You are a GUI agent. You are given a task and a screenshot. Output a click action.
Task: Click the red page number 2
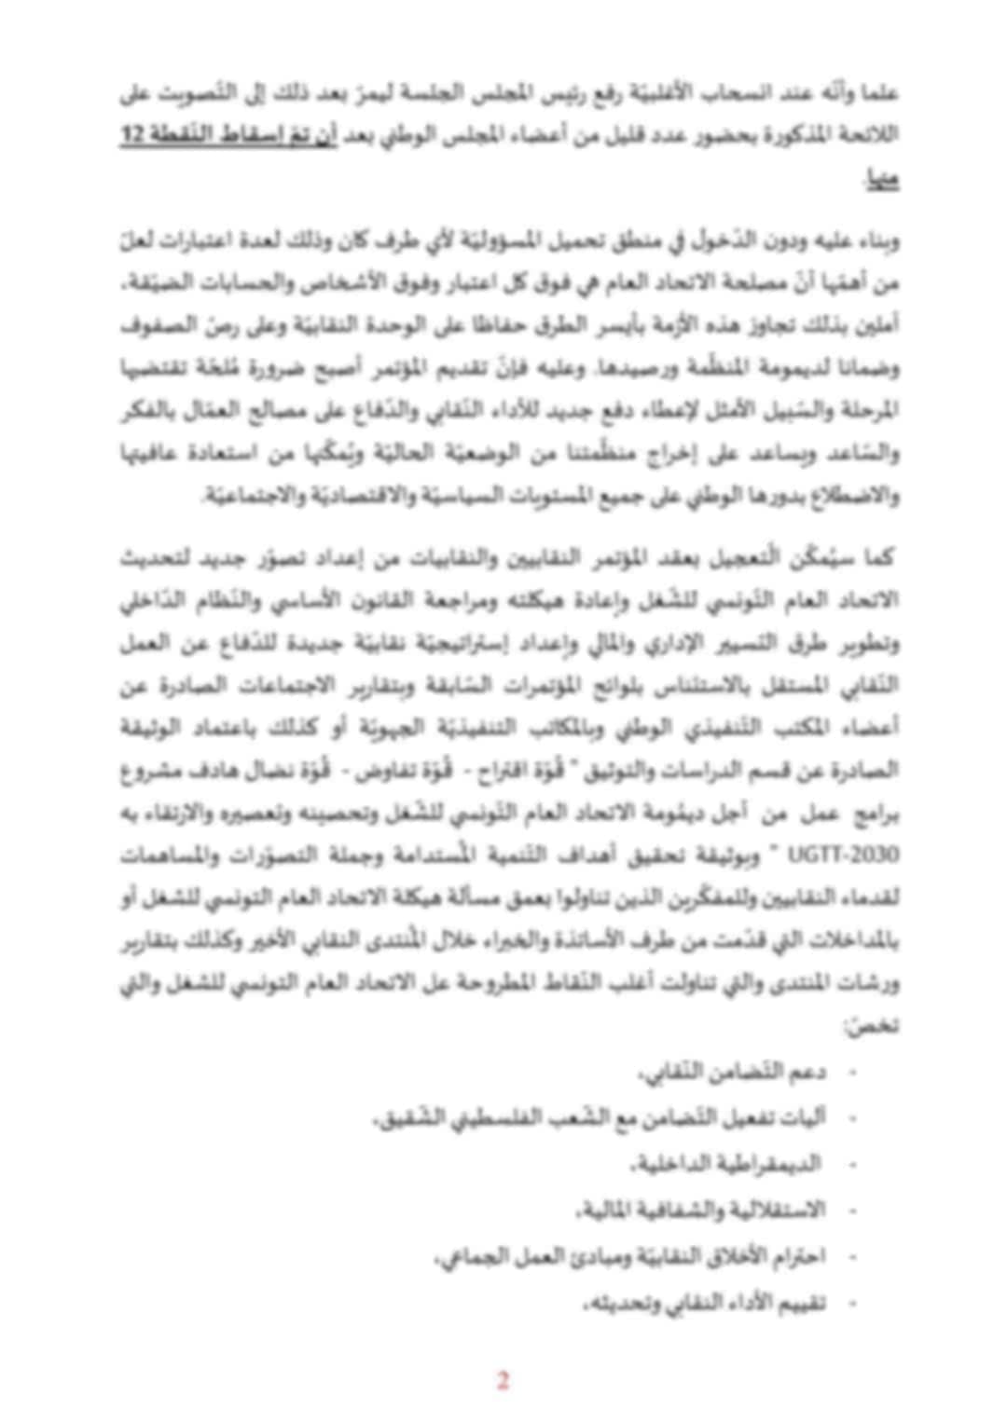[503, 1380]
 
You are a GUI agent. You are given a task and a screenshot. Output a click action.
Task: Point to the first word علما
[881, 93]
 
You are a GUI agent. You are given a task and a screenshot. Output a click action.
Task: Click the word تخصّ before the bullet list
[883, 1025]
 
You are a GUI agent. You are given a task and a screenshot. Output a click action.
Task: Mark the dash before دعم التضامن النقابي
[851, 1072]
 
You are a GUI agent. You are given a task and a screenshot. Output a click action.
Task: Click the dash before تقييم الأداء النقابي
[851, 1303]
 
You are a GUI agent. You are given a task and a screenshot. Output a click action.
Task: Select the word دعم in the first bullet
[807, 1072]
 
